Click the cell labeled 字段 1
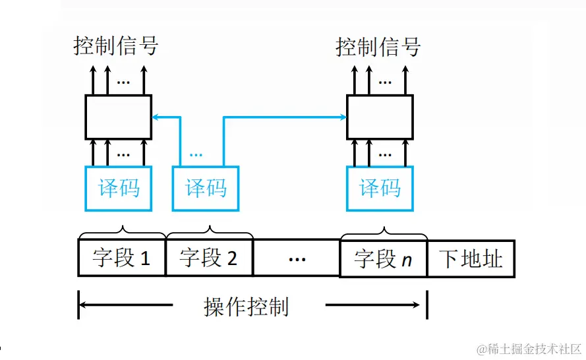[x=121, y=258]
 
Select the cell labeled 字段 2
[x=208, y=258]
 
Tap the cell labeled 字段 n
[x=383, y=258]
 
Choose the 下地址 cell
[x=471, y=258]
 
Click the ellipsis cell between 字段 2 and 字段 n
[x=297, y=258]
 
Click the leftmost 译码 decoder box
[x=119, y=189]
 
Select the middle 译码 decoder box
[x=206, y=189]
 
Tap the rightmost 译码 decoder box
[x=380, y=189]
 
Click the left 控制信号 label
[x=116, y=46]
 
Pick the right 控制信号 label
[x=378, y=47]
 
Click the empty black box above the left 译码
[x=119, y=117]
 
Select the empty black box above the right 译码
[x=380, y=117]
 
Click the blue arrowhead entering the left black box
[x=156, y=117]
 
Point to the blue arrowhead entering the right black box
[x=343, y=117]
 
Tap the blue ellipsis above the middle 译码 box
[x=196, y=155]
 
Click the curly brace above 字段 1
[x=122, y=232]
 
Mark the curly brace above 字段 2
[x=210, y=232]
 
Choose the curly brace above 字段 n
[x=384, y=232]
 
